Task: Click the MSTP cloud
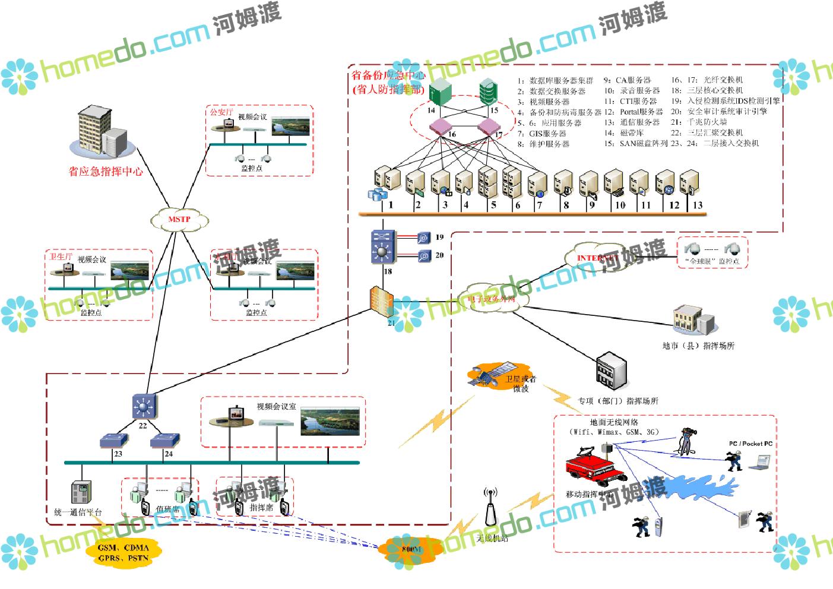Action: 179,220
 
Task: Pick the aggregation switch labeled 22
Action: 144,406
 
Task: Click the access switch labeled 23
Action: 114,441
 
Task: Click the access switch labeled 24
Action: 164,441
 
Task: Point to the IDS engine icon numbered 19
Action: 423,238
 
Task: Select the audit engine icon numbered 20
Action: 423,256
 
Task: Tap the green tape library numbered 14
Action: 440,93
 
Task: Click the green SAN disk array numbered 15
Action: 488,91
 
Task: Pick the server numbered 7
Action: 537,185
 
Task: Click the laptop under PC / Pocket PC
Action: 759,462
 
